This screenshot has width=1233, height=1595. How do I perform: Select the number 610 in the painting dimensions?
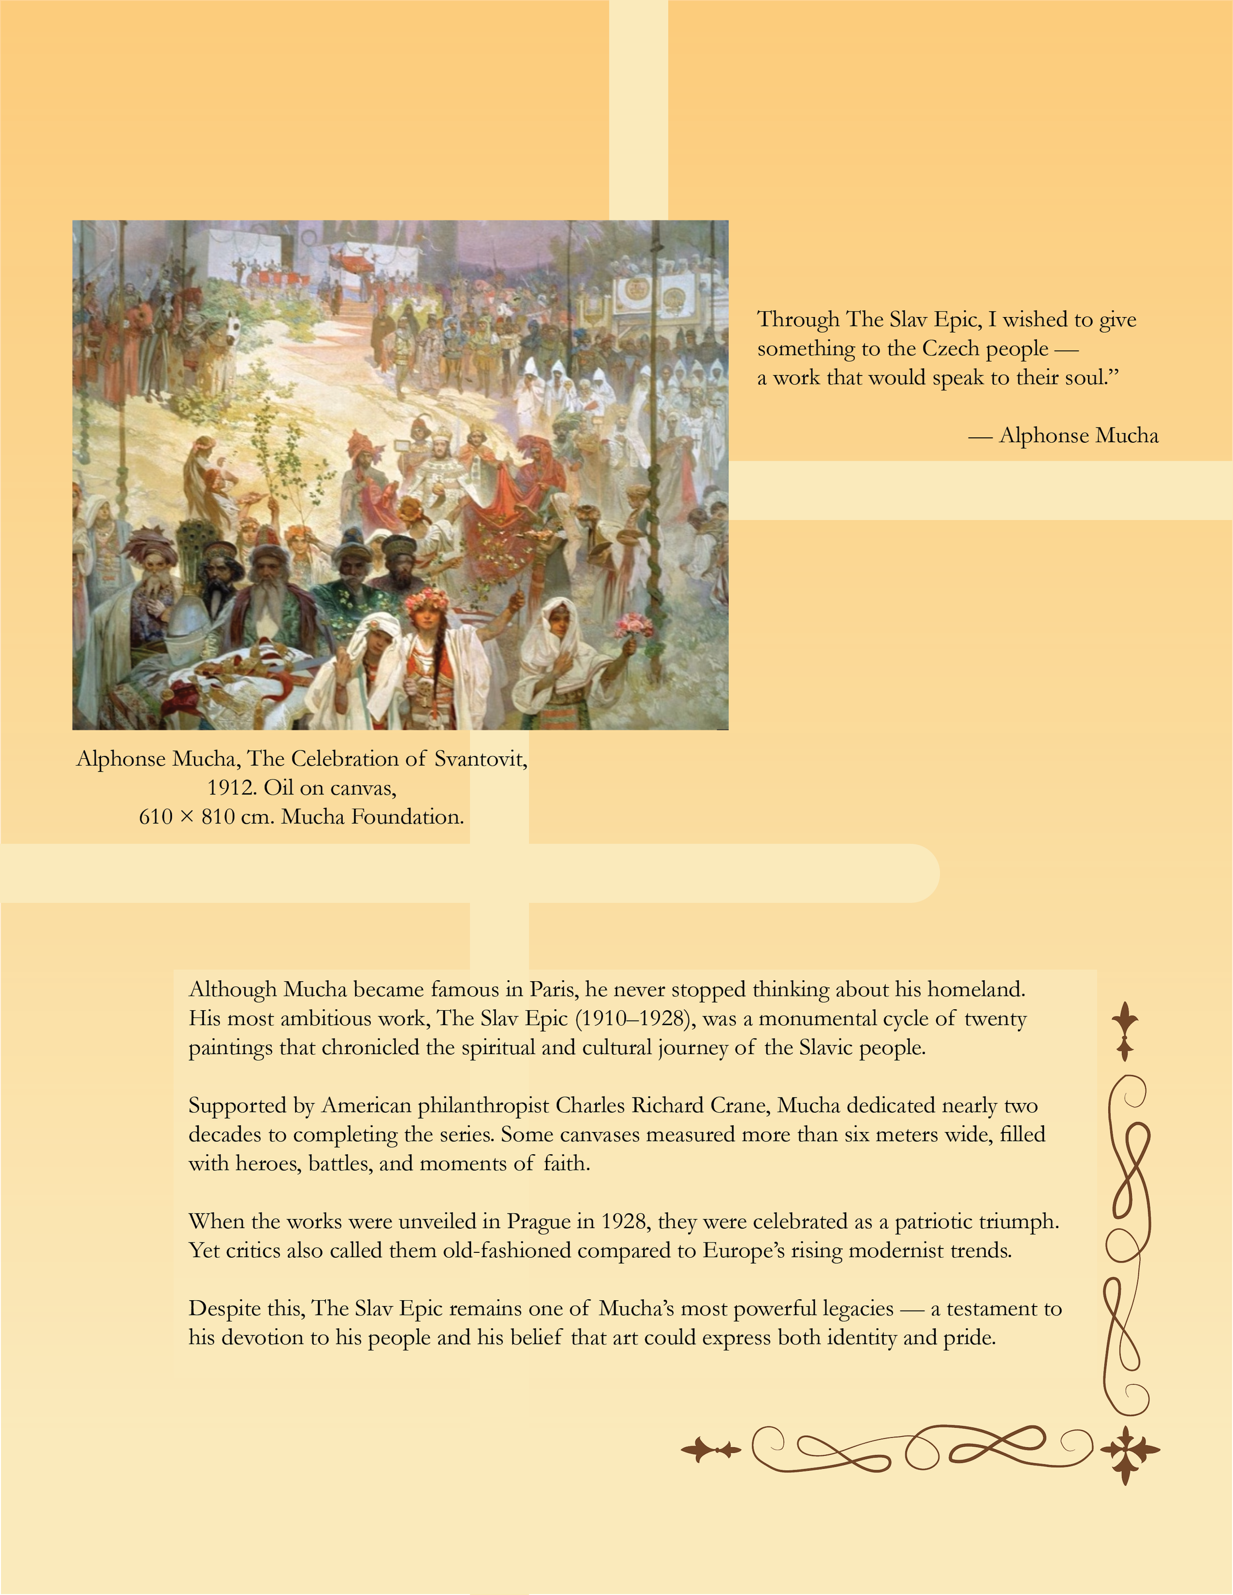(155, 816)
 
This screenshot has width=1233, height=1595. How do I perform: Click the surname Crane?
(739, 1106)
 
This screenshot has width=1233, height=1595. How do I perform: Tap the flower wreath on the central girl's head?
(427, 601)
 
